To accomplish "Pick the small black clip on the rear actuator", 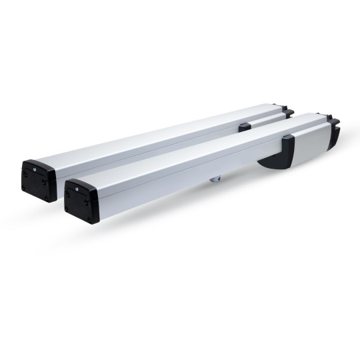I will click(x=245, y=125).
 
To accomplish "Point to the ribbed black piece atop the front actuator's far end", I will click(x=334, y=121).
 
